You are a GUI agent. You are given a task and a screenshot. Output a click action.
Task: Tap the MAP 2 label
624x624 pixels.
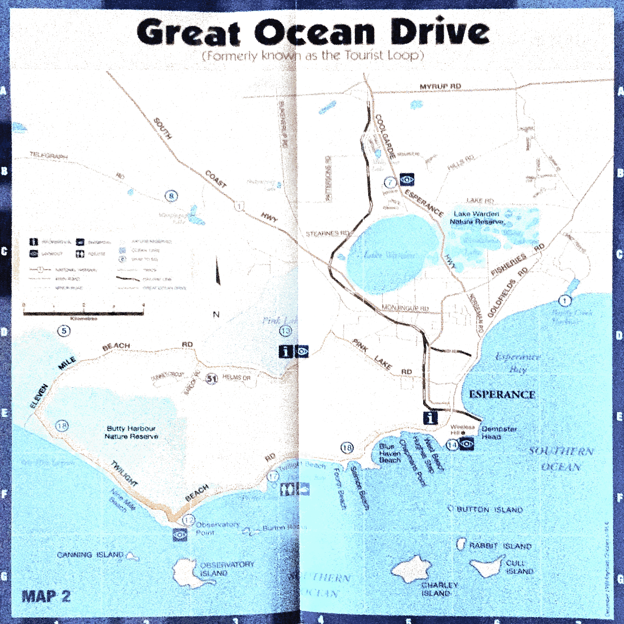46,596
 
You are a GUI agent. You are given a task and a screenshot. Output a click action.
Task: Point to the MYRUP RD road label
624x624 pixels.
440,86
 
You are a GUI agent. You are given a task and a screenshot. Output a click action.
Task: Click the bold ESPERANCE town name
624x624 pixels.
502,394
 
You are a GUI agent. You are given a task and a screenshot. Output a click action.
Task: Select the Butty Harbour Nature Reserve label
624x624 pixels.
131,433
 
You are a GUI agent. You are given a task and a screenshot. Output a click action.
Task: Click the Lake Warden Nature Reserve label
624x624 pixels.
477,218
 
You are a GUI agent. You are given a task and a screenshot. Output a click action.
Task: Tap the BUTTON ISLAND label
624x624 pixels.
489,509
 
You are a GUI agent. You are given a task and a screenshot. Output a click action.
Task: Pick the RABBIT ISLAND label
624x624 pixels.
500,546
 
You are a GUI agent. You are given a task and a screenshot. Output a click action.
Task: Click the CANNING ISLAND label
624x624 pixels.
90,555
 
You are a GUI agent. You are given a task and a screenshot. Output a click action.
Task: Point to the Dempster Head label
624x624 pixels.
499,433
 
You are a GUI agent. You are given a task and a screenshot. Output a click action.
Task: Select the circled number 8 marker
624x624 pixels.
171,196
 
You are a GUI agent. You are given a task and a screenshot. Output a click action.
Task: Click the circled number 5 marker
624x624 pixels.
64,331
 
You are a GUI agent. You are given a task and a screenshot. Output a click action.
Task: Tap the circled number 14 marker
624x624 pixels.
452,445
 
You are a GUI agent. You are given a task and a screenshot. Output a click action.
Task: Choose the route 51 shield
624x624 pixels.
211,378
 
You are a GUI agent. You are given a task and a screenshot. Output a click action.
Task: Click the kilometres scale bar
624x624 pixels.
83,313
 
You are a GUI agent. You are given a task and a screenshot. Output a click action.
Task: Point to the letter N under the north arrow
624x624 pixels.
216,314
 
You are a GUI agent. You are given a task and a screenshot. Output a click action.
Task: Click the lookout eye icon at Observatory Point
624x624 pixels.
180,535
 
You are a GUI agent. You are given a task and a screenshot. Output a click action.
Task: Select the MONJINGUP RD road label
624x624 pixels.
405,308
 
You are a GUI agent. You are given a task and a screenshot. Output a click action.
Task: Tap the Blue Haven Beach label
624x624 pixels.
390,453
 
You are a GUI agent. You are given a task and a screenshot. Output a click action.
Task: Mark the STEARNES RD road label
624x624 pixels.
328,234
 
